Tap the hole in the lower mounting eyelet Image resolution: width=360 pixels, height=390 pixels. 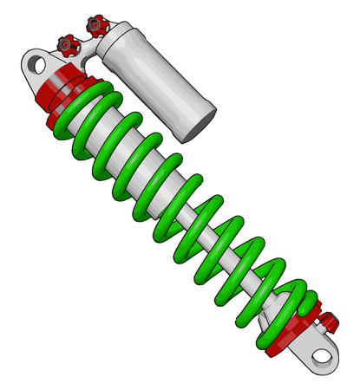[x=321, y=355]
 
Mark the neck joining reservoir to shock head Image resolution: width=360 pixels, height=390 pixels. [x=87, y=56]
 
